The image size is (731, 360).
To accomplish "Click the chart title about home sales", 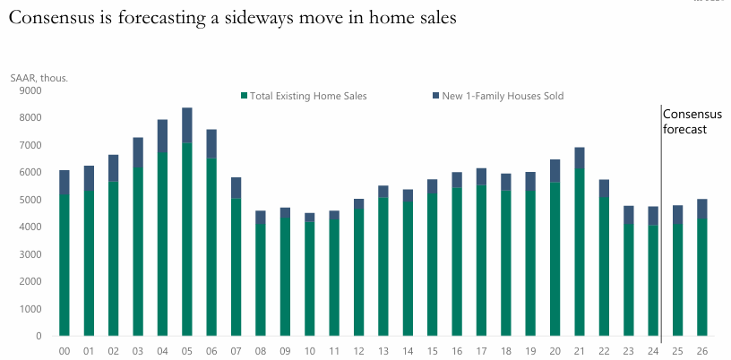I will tap(233, 19).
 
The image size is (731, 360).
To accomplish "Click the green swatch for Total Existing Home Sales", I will tap(244, 96).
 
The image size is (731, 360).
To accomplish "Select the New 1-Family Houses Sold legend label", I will tap(503, 96).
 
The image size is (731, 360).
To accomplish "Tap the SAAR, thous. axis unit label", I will tap(39, 78).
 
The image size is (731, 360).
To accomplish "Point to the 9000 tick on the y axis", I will tap(30, 90).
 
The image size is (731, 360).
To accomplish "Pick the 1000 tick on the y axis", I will tap(30, 309).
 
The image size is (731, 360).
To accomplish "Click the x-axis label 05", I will tap(186, 351).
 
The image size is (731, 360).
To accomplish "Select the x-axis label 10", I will tap(309, 351).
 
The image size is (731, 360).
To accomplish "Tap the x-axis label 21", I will tap(580, 351).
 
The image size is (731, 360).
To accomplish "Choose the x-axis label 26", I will tap(702, 351).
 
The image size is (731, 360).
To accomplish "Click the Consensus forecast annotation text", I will tap(685, 122).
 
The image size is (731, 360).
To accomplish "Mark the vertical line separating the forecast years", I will tap(661, 224).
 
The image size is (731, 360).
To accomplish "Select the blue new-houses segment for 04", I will tap(162, 135).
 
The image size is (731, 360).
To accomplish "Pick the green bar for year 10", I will tap(309, 279).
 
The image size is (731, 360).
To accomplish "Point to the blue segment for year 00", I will tap(64, 182).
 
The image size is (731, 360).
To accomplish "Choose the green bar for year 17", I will tap(481, 261).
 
